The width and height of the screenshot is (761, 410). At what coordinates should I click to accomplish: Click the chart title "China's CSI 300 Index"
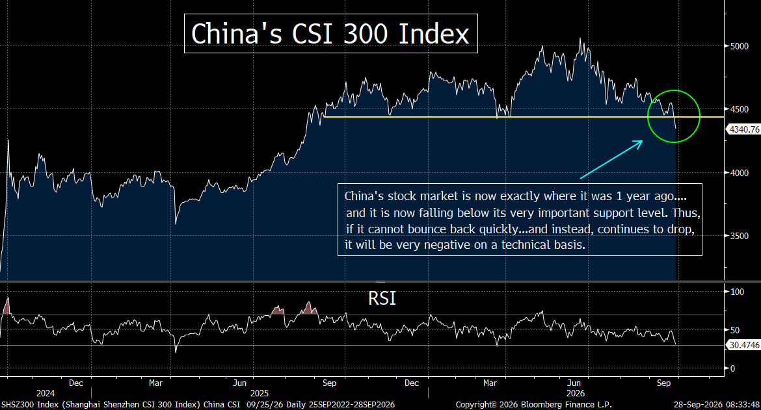tap(330, 33)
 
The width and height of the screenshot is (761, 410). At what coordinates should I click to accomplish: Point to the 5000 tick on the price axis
tap(739, 46)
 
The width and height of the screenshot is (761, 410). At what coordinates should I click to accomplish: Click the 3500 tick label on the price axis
tap(739, 236)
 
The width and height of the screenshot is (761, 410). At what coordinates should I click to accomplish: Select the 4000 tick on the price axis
tap(739, 173)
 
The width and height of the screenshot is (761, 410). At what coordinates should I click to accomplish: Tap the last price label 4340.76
tap(744, 129)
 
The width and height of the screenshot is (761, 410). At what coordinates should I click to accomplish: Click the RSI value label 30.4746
tap(744, 345)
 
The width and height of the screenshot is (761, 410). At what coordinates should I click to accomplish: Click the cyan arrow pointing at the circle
tap(611, 159)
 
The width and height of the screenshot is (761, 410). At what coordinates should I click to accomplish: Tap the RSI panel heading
tap(382, 298)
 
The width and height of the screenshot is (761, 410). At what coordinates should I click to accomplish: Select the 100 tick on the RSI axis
tap(737, 292)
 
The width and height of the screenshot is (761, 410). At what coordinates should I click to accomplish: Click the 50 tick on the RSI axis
tap(735, 330)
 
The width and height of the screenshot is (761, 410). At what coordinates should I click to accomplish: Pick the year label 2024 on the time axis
tap(46, 393)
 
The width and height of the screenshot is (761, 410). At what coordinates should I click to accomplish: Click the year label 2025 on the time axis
tap(259, 393)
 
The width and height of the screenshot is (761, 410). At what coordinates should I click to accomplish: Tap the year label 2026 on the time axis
tap(576, 393)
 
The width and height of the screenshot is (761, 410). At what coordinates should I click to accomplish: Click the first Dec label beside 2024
tap(75, 383)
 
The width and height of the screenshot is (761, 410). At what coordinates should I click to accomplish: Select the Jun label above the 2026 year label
tap(574, 383)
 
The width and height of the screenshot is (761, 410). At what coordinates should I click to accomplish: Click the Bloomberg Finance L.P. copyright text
tap(534, 405)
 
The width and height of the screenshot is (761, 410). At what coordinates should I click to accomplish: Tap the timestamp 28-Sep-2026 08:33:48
tap(716, 405)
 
